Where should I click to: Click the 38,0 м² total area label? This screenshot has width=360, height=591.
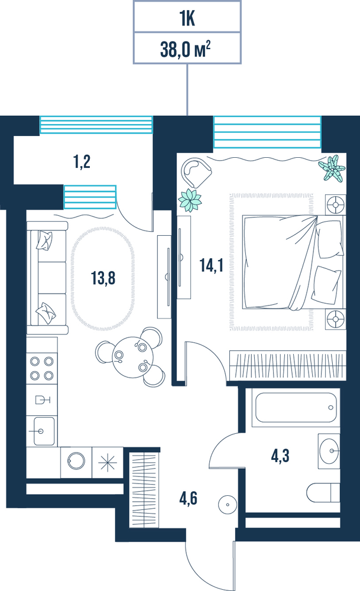point(185,49)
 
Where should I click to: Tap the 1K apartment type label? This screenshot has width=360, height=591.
point(187,18)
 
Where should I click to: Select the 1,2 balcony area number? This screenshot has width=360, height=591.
point(82,162)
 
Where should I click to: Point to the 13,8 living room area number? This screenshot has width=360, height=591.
point(103,278)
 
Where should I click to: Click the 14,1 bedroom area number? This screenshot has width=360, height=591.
point(212,265)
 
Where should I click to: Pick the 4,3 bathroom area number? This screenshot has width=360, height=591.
point(280,456)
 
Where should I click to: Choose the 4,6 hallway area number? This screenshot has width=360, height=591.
point(188,498)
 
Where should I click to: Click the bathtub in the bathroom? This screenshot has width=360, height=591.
point(296,407)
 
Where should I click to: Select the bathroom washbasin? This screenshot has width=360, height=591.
point(329,451)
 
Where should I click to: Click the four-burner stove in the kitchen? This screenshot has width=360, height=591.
point(42,368)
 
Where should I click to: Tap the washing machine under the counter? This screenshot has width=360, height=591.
point(76,462)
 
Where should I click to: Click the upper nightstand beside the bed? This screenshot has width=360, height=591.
point(335,205)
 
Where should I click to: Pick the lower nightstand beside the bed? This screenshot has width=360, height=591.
point(335,319)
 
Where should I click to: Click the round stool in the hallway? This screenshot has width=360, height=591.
point(228,504)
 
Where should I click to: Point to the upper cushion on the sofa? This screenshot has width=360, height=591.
point(44,241)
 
